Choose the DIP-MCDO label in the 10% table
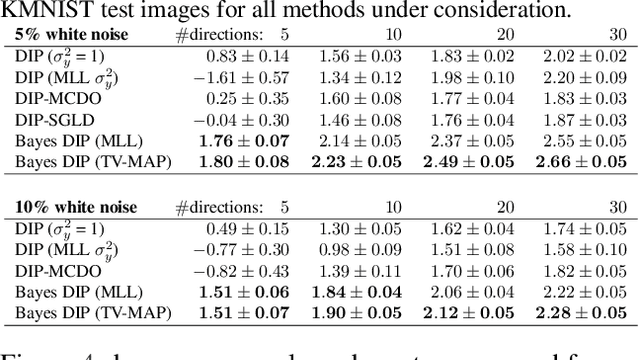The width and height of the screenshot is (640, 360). pyautogui.click(x=50, y=271)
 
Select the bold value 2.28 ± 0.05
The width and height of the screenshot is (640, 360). pyautogui.click(x=584, y=312)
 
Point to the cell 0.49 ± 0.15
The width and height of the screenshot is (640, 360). pyautogui.click(x=247, y=229)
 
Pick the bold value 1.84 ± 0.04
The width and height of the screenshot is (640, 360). pyautogui.click(x=358, y=291)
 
